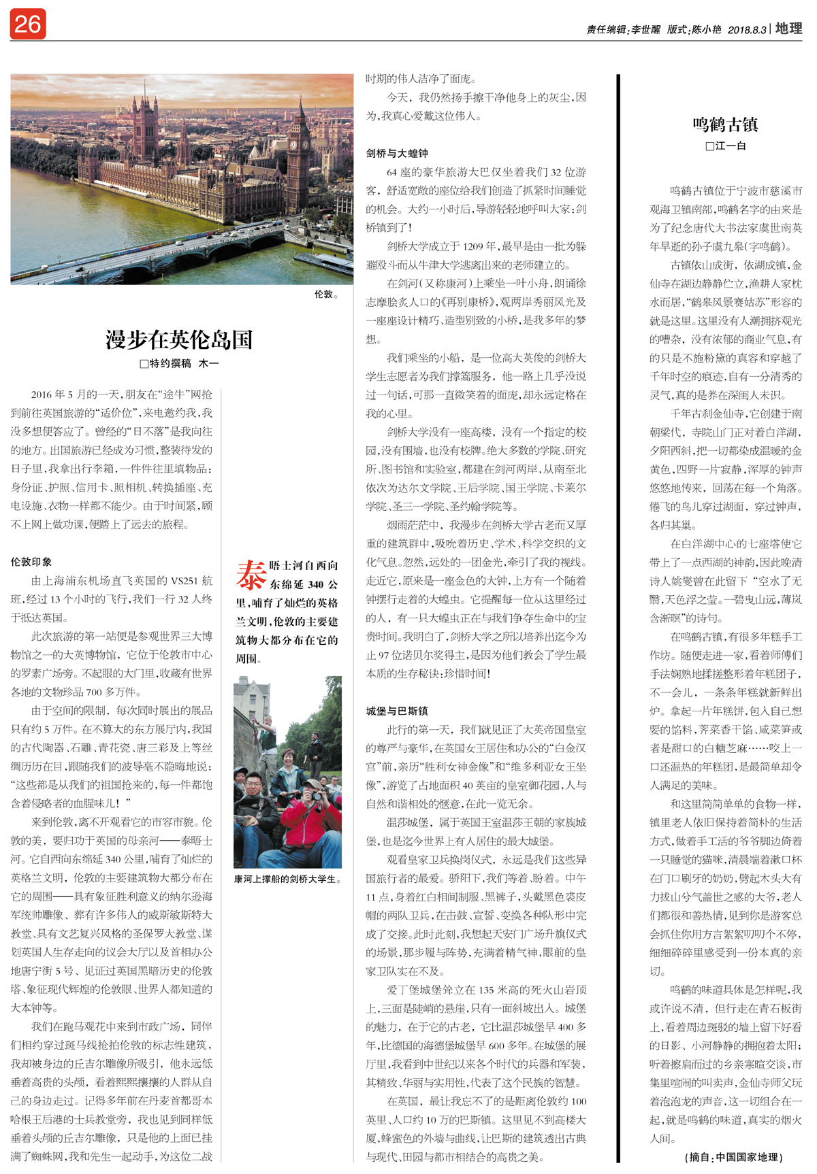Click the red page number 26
(27, 24)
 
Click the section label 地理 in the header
(789, 29)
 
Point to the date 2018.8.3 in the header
(747, 30)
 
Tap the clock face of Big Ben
(294, 145)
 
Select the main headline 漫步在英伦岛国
(179, 339)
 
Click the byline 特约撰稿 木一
(180, 364)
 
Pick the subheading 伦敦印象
(31, 562)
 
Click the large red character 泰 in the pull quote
(251, 575)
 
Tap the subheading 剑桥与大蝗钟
(397, 153)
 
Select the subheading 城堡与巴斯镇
(397, 711)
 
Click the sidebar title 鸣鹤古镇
(725, 124)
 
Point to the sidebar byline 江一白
(726, 146)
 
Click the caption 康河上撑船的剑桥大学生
(287, 879)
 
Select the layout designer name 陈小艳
(707, 30)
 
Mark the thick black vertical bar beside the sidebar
(618, 612)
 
